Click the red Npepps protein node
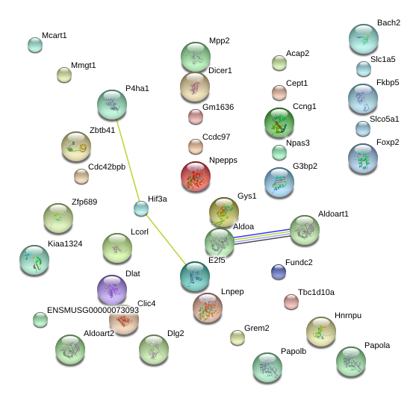tap(196, 176)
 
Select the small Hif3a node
tap(141, 208)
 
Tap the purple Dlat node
tap(112, 290)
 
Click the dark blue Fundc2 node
tap(279, 272)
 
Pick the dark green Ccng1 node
tap(279, 122)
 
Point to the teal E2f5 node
tap(195, 276)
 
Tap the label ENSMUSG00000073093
tap(93, 310)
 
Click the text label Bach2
tap(388, 23)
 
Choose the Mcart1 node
tap(35, 45)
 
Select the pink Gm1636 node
tap(196, 116)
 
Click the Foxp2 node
tap(363, 158)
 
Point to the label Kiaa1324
tap(65, 243)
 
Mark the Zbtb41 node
tap(76, 146)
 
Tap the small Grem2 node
tap(238, 338)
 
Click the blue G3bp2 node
tap(279, 182)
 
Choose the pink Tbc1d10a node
tap(291, 302)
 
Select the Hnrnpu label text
tap(348, 316)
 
